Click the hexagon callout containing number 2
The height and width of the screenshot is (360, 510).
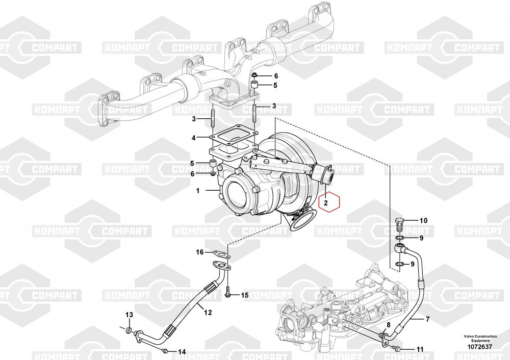(x=329, y=202)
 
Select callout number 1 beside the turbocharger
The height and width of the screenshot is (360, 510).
(x=197, y=191)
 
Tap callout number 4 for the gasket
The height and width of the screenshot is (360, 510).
(x=193, y=138)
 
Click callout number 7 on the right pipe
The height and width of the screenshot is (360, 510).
(x=427, y=320)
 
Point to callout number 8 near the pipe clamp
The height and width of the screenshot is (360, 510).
(x=388, y=325)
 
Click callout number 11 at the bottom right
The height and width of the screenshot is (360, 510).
(x=420, y=349)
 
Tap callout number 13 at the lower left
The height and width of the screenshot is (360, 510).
(x=129, y=314)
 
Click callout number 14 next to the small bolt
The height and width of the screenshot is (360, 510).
(x=182, y=351)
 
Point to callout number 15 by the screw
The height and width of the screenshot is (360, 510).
(x=244, y=295)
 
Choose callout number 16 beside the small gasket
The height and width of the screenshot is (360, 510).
(x=200, y=252)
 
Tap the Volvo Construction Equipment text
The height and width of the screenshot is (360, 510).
(x=479, y=338)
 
